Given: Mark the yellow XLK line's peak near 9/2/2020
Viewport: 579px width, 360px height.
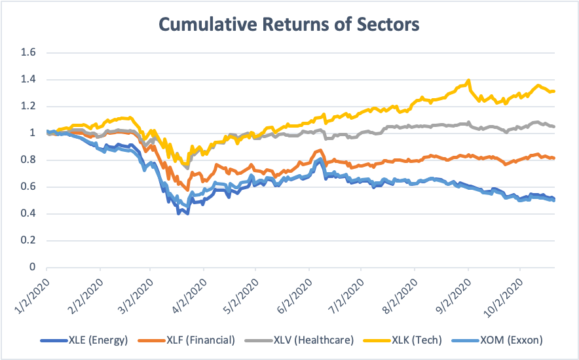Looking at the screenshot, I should (x=468, y=81).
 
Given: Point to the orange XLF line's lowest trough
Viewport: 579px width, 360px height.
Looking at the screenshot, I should (x=188, y=189).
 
